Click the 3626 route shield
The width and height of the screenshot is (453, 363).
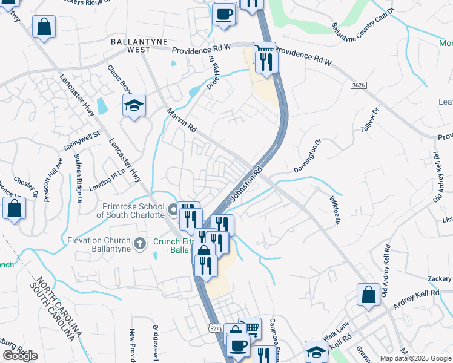click(x=359, y=87)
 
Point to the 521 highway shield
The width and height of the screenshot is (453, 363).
click(x=215, y=328)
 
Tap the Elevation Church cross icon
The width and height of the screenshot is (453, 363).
click(x=140, y=244)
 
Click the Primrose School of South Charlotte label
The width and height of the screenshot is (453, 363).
click(x=131, y=211)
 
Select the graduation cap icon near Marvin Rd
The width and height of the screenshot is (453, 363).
click(x=134, y=105)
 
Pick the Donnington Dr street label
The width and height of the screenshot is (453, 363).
click(x=306, y=156)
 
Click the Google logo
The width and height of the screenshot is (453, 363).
click(x=20, y=356)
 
